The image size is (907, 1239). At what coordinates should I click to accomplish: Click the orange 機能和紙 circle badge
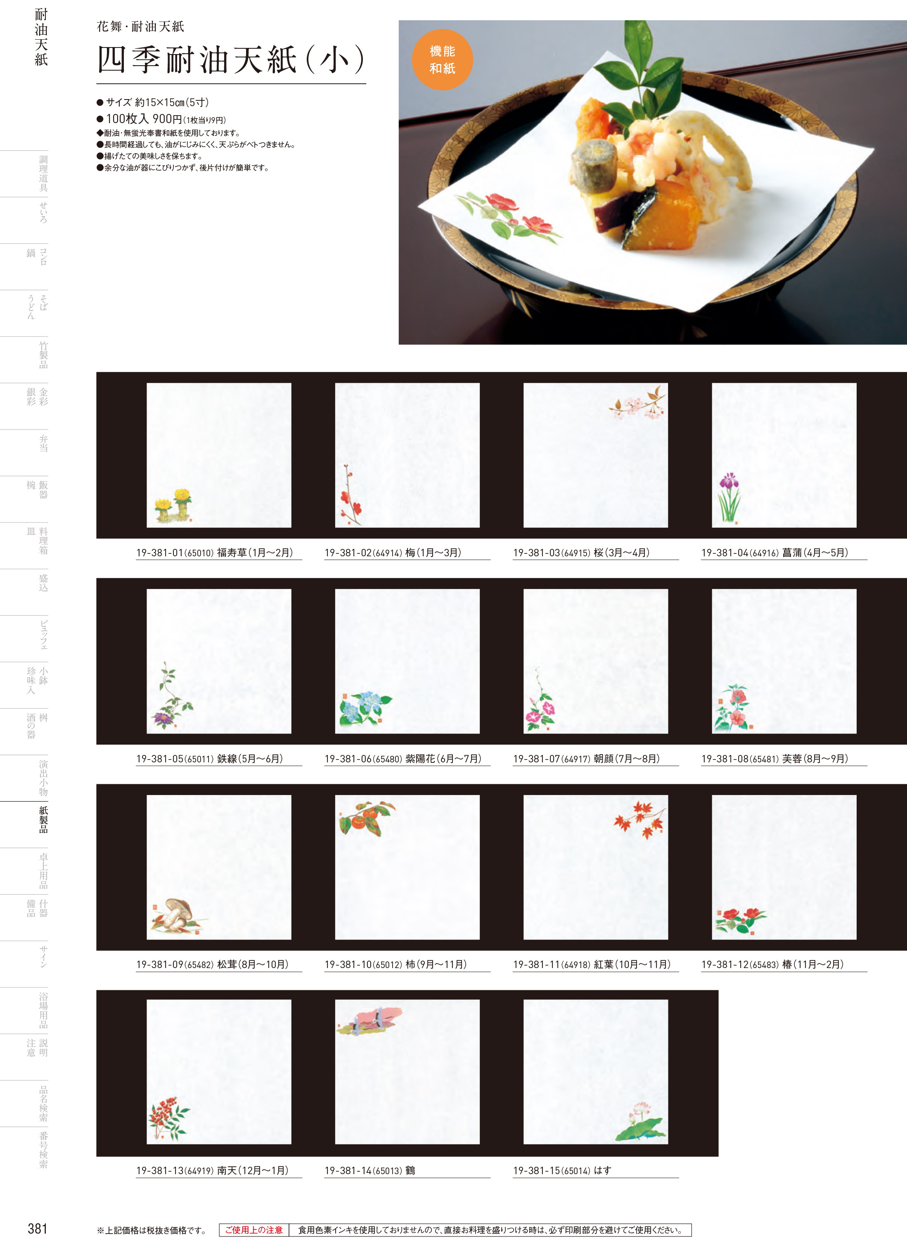pyautogui.click(x=442, y=59)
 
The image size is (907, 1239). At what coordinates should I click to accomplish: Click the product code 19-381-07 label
pyautogui.click(x=536, y=758)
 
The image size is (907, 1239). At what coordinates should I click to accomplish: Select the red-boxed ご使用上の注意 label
pyautogui.click(x=253, y=1230)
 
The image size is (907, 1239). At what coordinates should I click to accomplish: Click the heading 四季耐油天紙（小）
pyautogui.click(x=231, y=59)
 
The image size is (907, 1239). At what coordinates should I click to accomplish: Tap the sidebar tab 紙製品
pyautogui.click(x=43, y=819)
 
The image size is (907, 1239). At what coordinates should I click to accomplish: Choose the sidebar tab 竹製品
pyautogui.click(x=43, y=355)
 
